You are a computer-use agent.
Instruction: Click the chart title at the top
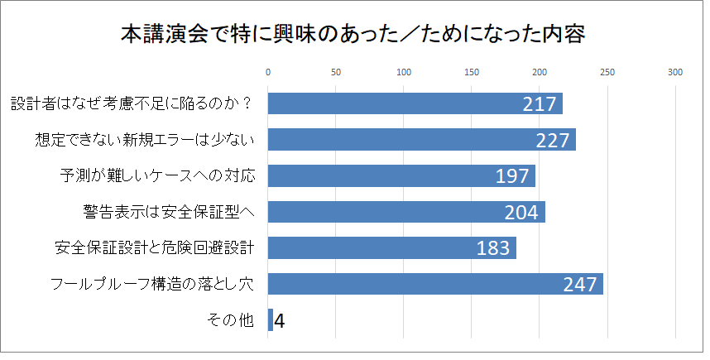[x=354, y=36]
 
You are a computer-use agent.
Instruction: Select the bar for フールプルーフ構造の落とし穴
[x=435, y=284]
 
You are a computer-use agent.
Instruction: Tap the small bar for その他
[x=270, y=320]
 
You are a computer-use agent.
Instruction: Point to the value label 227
[x=552, y=141]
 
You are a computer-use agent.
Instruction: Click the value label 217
[x=539, y=104]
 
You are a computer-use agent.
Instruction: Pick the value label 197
[x=511, y=176]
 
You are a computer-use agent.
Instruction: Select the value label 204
[x=521, y=213]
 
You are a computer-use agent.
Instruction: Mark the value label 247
[x=579, y=285]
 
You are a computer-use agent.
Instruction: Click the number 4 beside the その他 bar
[x=280, y=320]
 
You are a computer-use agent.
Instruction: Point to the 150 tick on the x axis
[x=472, y=73]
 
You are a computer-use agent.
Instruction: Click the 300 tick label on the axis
[x=674, y=73]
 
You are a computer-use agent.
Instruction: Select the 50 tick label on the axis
[x=336, y=73]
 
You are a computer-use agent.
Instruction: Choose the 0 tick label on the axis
[x=268, y=73]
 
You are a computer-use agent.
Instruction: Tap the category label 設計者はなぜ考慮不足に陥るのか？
[x=132, y=103]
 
